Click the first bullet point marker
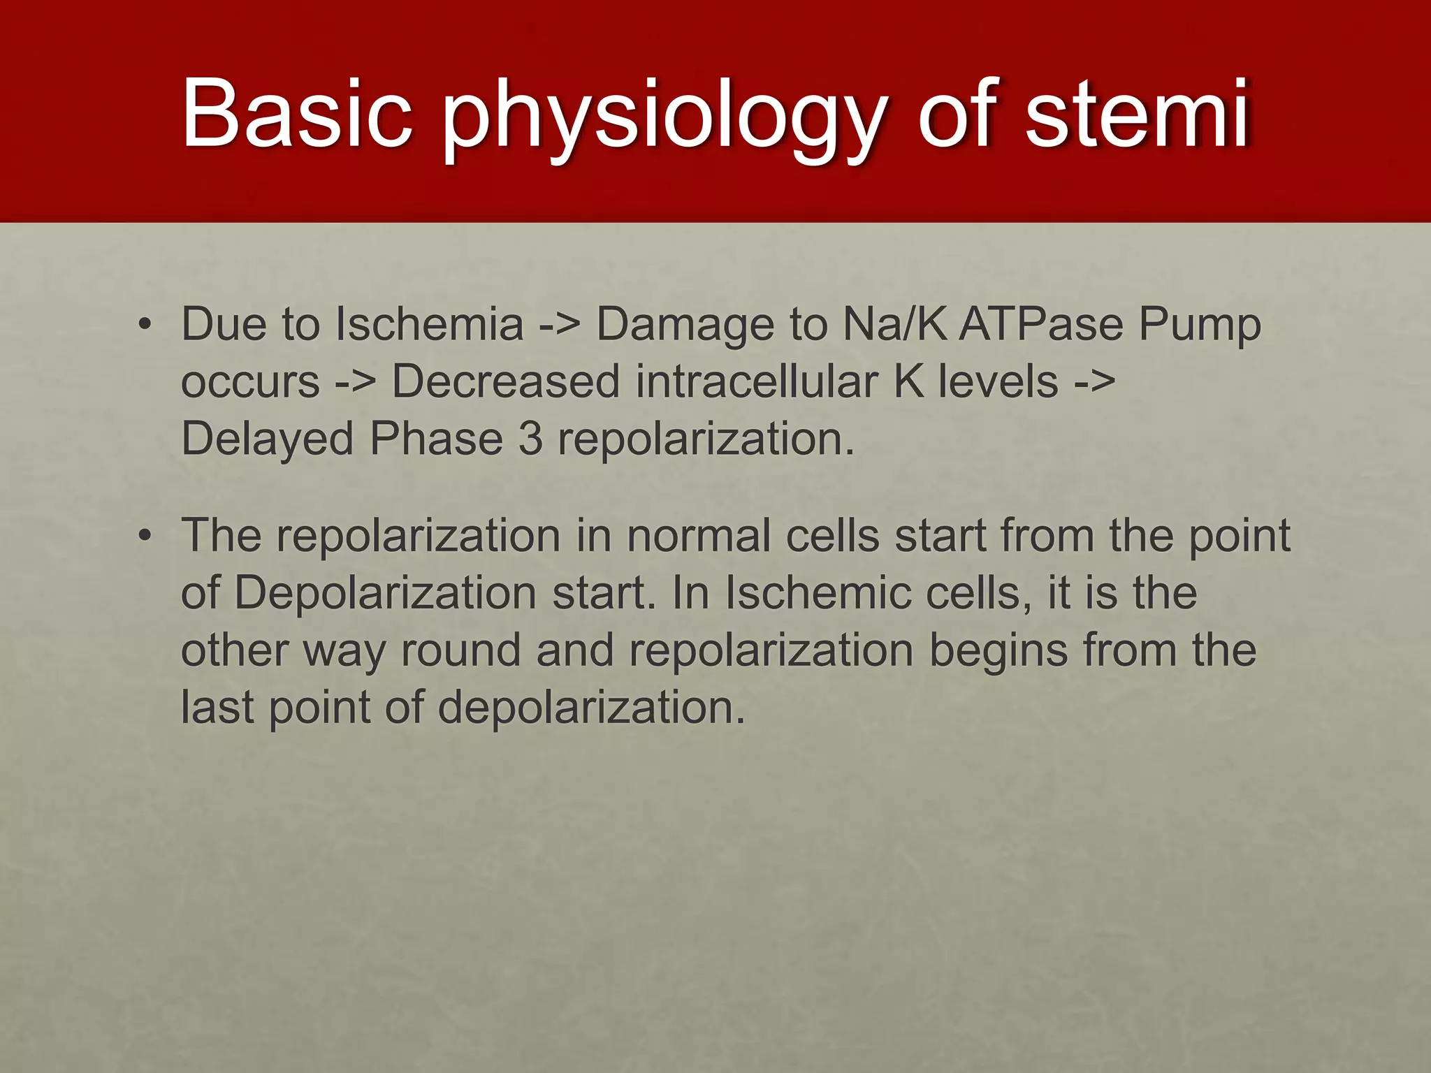tap(145, 325)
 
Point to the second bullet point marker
tap(145, 536)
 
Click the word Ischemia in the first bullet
tap(429, 325)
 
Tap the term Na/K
tap(895, 325)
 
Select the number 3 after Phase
tap(530, 439)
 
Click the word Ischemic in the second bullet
tap(818, 593)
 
